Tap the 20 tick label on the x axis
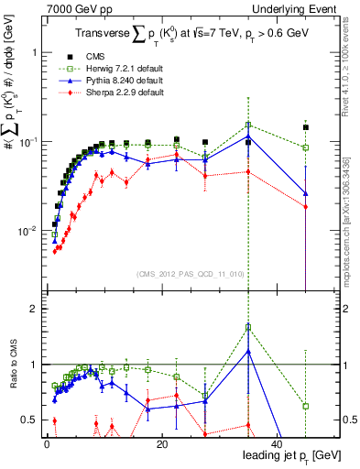[x=161, y=444]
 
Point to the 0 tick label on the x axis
[x=47, y=444]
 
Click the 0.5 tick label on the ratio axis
[x=30, y=420]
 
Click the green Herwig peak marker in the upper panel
[x=248, y=125]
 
